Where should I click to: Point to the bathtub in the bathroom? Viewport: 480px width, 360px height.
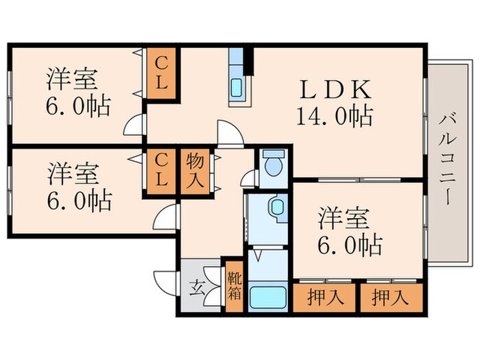point(267,299)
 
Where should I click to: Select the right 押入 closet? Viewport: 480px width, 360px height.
point(390,298)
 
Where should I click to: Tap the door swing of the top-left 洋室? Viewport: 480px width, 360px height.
point(134,125)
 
